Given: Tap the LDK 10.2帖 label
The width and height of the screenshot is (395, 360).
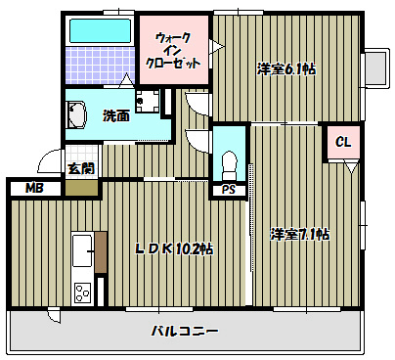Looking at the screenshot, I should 174,248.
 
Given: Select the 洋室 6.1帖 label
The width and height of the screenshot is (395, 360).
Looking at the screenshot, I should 285,68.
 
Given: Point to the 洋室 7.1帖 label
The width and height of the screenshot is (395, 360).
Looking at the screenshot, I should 299,235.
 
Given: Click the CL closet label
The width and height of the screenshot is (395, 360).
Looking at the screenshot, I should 342,143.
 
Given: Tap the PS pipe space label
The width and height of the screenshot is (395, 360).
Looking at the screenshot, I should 230,190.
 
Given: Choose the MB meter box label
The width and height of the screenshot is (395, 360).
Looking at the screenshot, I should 34,188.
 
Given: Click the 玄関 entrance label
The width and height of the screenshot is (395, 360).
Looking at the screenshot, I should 80,168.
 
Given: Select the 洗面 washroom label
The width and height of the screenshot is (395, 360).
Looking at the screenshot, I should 115,116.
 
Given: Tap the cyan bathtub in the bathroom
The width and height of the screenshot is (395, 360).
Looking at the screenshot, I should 100,29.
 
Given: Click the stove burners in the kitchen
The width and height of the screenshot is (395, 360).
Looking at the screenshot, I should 81,291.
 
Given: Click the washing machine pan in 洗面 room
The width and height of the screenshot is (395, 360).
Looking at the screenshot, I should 148,100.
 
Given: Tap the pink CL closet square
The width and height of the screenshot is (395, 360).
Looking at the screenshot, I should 342,143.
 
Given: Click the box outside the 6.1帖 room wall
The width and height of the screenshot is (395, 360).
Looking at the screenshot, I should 373,67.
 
